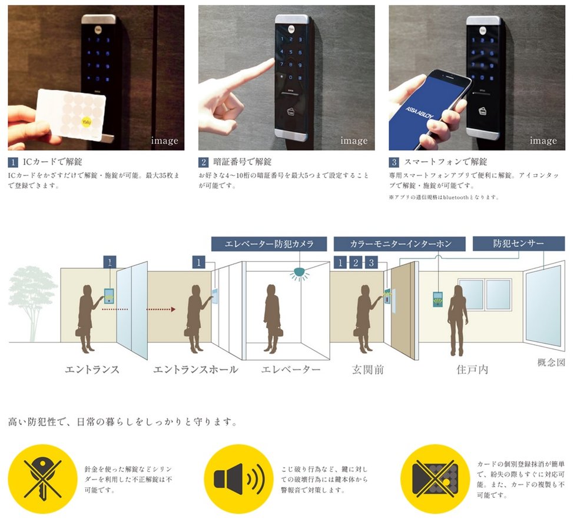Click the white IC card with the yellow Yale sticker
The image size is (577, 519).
click(71, 114)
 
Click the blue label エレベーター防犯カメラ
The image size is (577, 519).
click(269, 244)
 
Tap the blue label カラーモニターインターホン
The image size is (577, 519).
click(400, 244)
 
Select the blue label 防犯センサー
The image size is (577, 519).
click(519, 244)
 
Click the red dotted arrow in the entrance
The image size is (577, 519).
click(138, 310)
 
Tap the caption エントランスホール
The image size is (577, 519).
click(195, 370)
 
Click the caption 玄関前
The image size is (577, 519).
click(367, 370)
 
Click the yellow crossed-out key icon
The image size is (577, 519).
click(42, 479)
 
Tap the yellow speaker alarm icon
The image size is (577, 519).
click(239, 479)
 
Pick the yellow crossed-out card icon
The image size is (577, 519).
click(435, 479)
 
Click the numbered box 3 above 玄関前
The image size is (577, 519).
click(372, 262)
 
